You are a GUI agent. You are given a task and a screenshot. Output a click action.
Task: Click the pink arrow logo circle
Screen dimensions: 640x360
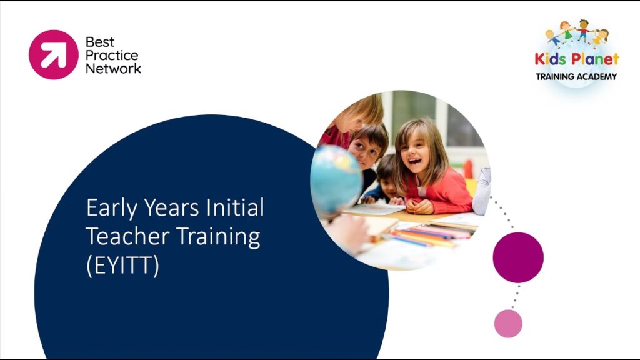coord(54,55)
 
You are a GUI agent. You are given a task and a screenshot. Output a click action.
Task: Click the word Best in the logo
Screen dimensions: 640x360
coord(100,42)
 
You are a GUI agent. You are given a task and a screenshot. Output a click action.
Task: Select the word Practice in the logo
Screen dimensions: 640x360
coord(112,56)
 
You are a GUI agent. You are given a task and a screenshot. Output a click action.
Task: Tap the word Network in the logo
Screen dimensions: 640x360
coord(114,69)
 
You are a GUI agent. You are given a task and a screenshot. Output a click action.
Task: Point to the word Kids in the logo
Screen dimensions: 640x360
coord(550,59)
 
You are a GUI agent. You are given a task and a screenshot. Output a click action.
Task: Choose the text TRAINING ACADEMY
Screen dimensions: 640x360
coord(576,76)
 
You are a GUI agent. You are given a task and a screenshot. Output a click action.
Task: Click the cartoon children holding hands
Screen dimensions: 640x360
coord(577,32)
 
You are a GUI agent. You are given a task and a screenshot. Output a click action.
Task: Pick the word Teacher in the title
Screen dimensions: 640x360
coord(127,236)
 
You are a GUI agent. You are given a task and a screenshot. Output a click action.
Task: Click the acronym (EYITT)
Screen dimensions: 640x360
coord(122,266)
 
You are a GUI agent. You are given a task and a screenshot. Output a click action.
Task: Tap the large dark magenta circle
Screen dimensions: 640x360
coord(518,257)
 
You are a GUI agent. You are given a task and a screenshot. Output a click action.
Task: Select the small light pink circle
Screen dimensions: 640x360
coord(508,324)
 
